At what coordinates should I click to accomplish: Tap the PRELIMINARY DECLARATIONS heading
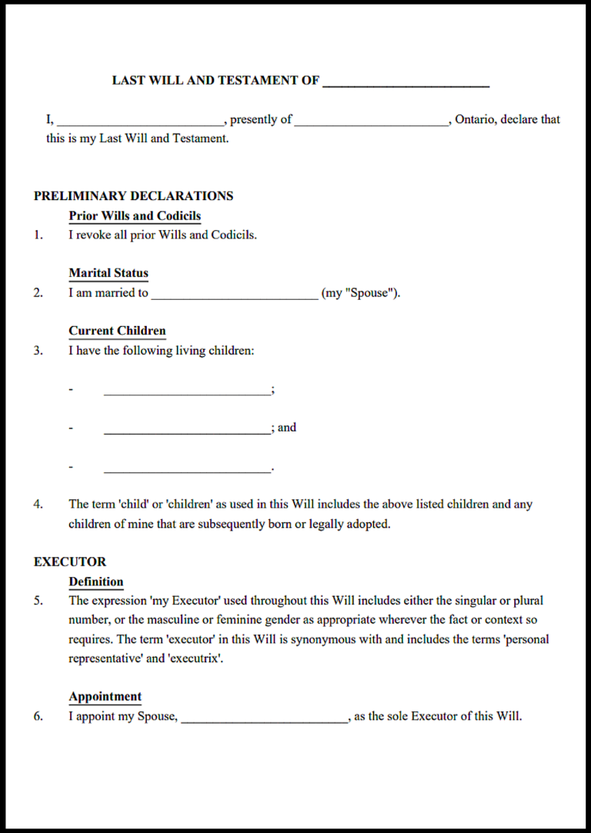[x=133, y=196]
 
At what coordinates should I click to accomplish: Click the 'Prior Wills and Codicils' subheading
[x=135, y=216]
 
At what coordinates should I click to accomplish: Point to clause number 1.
[x=38, y=235]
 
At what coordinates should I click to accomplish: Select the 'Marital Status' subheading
[x=109, y=273]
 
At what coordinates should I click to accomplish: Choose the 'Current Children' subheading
[x=117, y=332]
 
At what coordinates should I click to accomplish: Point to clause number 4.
[x=38, y=505]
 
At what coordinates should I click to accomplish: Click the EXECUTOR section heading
[x=70, y=562]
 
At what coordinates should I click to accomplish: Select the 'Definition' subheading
[x=95, y=582]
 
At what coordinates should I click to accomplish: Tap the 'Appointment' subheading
[x=105, y=697]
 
